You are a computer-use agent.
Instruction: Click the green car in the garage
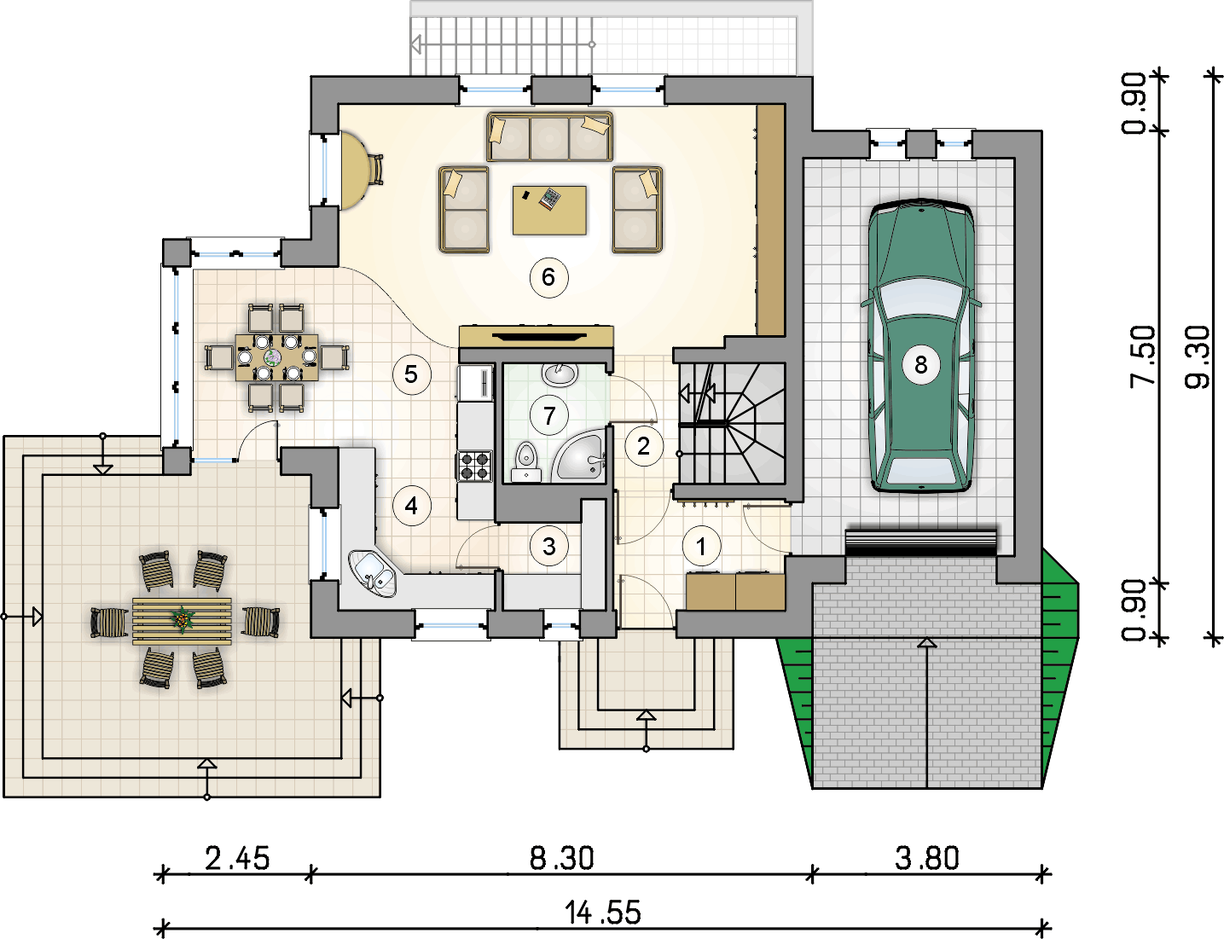tap(921, 346)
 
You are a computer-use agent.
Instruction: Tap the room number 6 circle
tap(548, 277)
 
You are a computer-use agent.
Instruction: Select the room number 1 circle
tap(701, 546)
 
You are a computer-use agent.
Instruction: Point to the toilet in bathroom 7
tap(526, 461)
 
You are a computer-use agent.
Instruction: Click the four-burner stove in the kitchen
tap(475, 467)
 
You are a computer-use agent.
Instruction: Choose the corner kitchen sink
tap(373, 572)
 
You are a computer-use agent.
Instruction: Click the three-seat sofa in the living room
tap(549, 136)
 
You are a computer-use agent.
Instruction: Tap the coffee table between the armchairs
tap(549, 210)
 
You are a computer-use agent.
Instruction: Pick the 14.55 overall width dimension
tap(602, 913)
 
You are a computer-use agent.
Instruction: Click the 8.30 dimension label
tap(561, 859)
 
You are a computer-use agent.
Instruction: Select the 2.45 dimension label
tap(237, 859)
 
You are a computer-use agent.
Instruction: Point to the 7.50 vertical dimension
tap(1142, 356)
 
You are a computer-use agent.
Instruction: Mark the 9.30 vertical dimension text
tap(1197, 356)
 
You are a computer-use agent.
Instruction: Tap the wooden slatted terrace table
tap(182, 621)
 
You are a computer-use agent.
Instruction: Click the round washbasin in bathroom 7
tap(560, 374)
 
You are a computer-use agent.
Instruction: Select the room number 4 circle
tap(412, 506)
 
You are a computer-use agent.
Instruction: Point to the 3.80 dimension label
tap(926, 859)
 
